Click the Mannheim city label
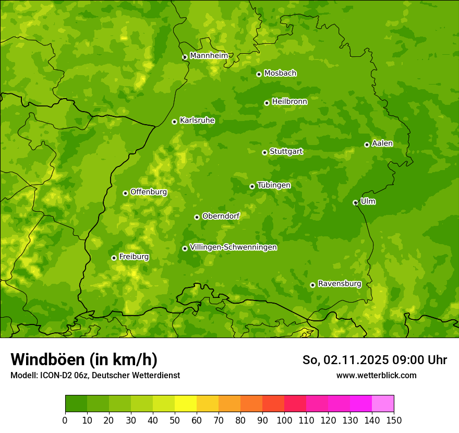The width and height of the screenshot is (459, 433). coord(209,56)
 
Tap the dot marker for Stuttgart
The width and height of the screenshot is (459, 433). coord(264,152)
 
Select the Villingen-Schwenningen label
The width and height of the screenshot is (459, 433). coord(233,247)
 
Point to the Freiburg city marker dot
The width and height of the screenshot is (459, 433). coord(114,258)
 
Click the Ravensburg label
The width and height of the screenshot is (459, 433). coord(339,284)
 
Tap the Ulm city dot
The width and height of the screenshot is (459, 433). coord(355,202)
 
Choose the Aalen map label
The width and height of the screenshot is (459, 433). coord(382,143)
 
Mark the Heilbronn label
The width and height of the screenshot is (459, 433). coord(289,102)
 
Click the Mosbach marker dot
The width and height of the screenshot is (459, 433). coord(259,74)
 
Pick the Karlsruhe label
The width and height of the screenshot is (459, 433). coord(197,121)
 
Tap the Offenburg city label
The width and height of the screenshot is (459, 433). coord(148,192)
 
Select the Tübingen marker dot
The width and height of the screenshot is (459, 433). coord(252,186)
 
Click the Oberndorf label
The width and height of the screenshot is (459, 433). coord(220,216)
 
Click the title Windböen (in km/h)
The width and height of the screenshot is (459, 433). coord(83,359)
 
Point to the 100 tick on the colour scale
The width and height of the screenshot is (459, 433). coord(284,420)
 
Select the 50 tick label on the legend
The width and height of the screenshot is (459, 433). coord(175,420)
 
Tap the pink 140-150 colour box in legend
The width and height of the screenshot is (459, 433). coord(383,404)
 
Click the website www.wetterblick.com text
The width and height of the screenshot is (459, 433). coord(376,375)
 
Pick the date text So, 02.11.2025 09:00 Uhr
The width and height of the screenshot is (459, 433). coord(375,360)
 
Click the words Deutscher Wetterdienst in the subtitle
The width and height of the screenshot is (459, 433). coord(138,375)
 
